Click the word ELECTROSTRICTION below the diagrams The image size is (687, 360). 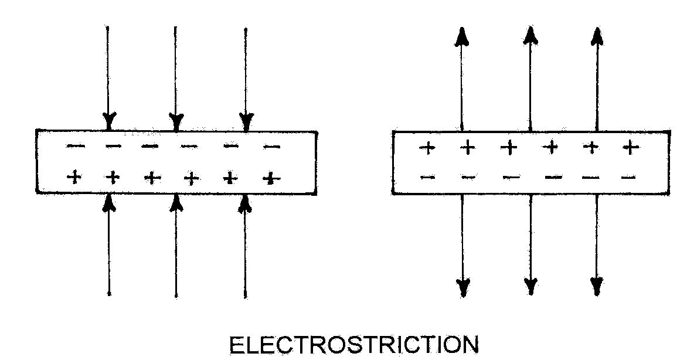[x=353, y=345]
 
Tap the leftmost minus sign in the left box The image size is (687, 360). [x=75, y=146]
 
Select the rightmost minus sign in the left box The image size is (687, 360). [x=271, y=147]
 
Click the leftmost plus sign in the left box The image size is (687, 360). [x=74, y=176]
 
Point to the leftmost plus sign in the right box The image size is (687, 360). [x=428, y=148]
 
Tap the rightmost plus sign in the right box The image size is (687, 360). [x=630, y=147]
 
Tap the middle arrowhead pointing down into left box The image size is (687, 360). [x=176, y=122]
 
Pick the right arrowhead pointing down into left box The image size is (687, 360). [x=247, y=122]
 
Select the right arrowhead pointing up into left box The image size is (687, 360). [x=246, y=202]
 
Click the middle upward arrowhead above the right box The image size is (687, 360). [x=530, y=36]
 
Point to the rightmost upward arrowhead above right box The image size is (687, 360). [x=597, y=36]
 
